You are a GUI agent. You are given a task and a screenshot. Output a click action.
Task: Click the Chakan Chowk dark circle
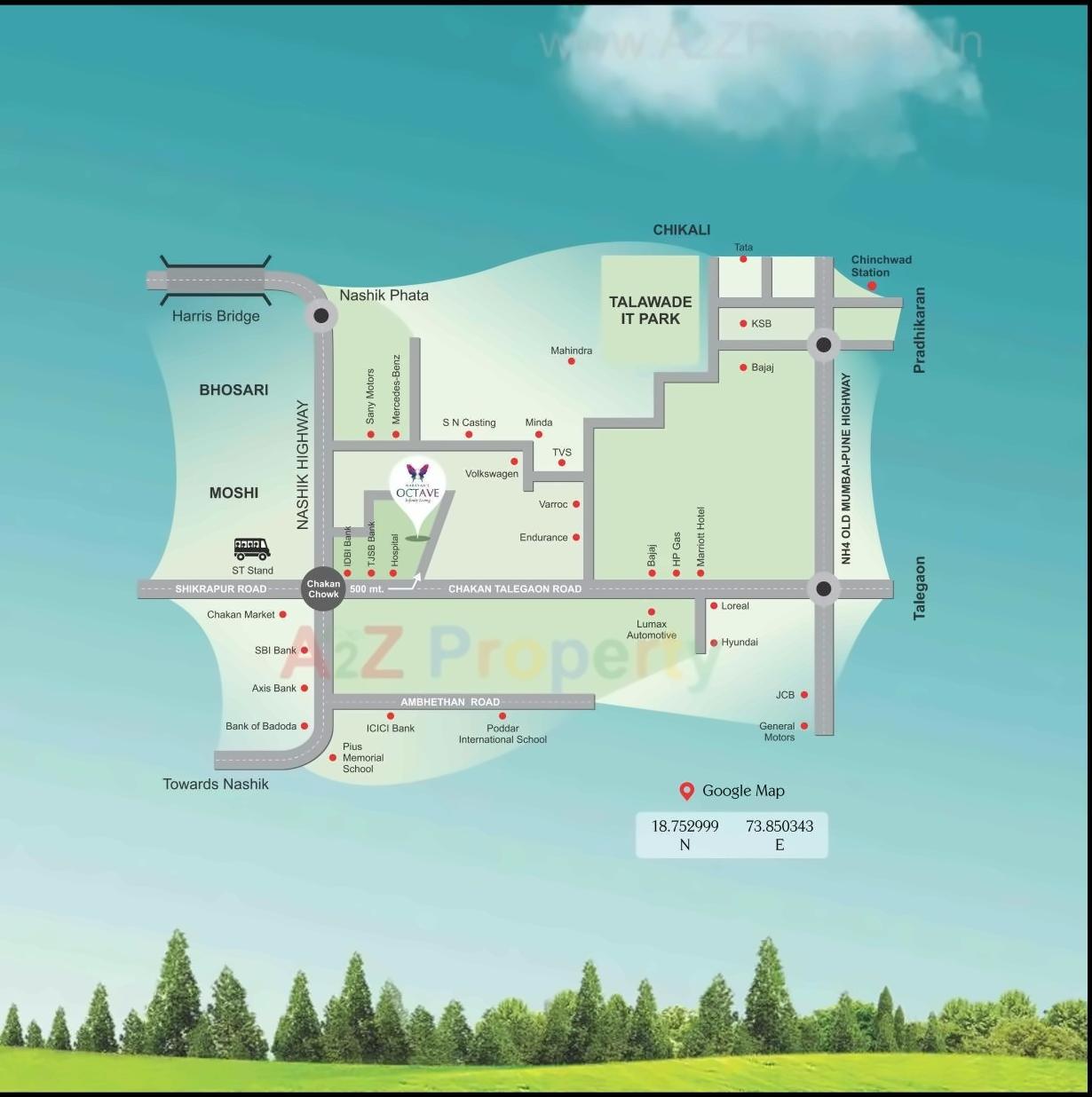[323, 588]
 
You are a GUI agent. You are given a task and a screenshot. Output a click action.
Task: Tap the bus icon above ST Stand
[252, 548]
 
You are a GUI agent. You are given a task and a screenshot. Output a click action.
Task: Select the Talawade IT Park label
[650, 310]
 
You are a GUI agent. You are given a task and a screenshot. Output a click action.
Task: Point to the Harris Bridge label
[216, 316]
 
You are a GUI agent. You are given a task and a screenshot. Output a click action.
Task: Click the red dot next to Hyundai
[714, 643]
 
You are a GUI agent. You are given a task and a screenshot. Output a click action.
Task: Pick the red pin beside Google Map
[686, 791]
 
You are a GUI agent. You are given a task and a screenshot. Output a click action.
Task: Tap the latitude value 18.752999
[684, 826]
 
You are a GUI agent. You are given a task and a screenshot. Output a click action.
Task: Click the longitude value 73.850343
[779, 826]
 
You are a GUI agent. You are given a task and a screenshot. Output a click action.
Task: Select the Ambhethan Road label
[450, 702]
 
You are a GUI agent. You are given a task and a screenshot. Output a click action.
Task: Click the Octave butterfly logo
[417, 473]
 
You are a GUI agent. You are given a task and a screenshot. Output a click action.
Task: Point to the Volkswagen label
[492, 474]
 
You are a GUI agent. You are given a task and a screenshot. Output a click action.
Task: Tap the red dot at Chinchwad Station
[872, 286]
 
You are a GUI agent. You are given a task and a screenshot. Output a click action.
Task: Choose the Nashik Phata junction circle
[321, 315]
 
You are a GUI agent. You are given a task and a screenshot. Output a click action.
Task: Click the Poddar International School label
[502, 734]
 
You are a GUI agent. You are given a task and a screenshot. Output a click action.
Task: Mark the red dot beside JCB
[804, 695]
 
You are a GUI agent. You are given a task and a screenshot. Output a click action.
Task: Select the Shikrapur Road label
[221, 588]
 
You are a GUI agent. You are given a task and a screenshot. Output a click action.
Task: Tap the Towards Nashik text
[216, 784]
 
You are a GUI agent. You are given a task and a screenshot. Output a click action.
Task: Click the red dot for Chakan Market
[283, 614]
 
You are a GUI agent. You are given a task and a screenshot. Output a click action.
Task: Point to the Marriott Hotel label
[700, 537]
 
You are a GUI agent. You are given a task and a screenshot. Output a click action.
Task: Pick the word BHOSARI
[233, 390]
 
